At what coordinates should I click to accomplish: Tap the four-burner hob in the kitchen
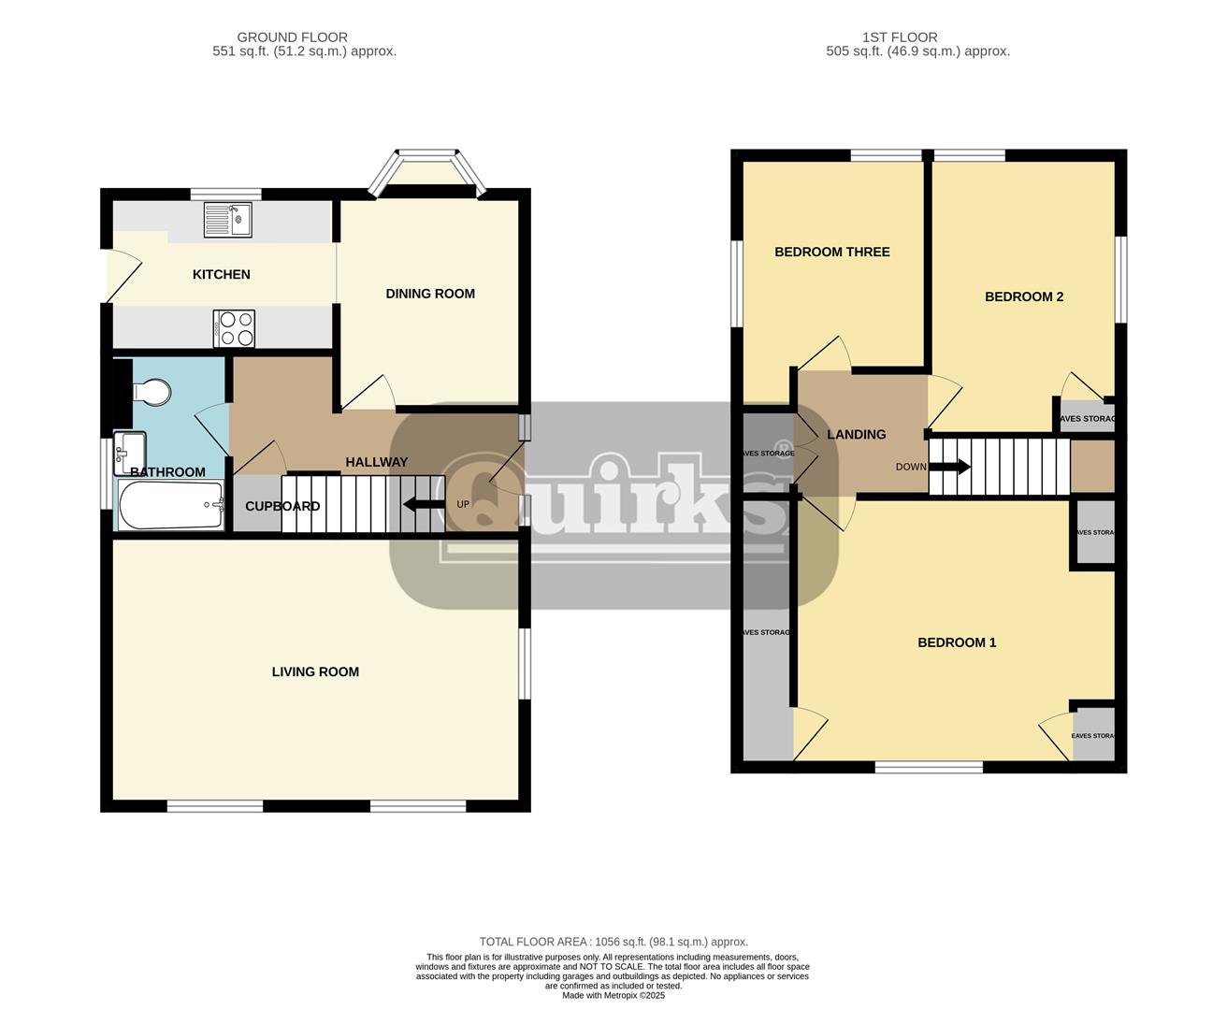[x=234, y=329]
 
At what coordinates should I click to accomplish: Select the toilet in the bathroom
[x=152, y=391]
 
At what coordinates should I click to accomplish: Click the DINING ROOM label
[x=430, y=294]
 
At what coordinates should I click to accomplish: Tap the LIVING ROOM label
[x=315, y=671]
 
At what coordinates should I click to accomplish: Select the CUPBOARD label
[x=282, y=506]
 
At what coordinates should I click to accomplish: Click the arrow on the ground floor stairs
[x=424, y=505]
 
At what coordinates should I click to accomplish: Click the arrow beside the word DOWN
[x=955, y=467]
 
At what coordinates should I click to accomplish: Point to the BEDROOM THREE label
[x=831, y=252]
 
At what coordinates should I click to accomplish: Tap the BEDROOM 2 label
[x=1024, y=296]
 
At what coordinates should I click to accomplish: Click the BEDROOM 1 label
[x=957, y=642]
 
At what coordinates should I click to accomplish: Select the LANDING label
[x=856, y=434]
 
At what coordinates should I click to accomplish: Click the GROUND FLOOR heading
[x=292, y=37]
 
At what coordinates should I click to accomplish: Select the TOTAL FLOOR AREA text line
[x=613, y=942]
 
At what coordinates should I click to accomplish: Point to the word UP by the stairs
[x=462, y=505]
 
